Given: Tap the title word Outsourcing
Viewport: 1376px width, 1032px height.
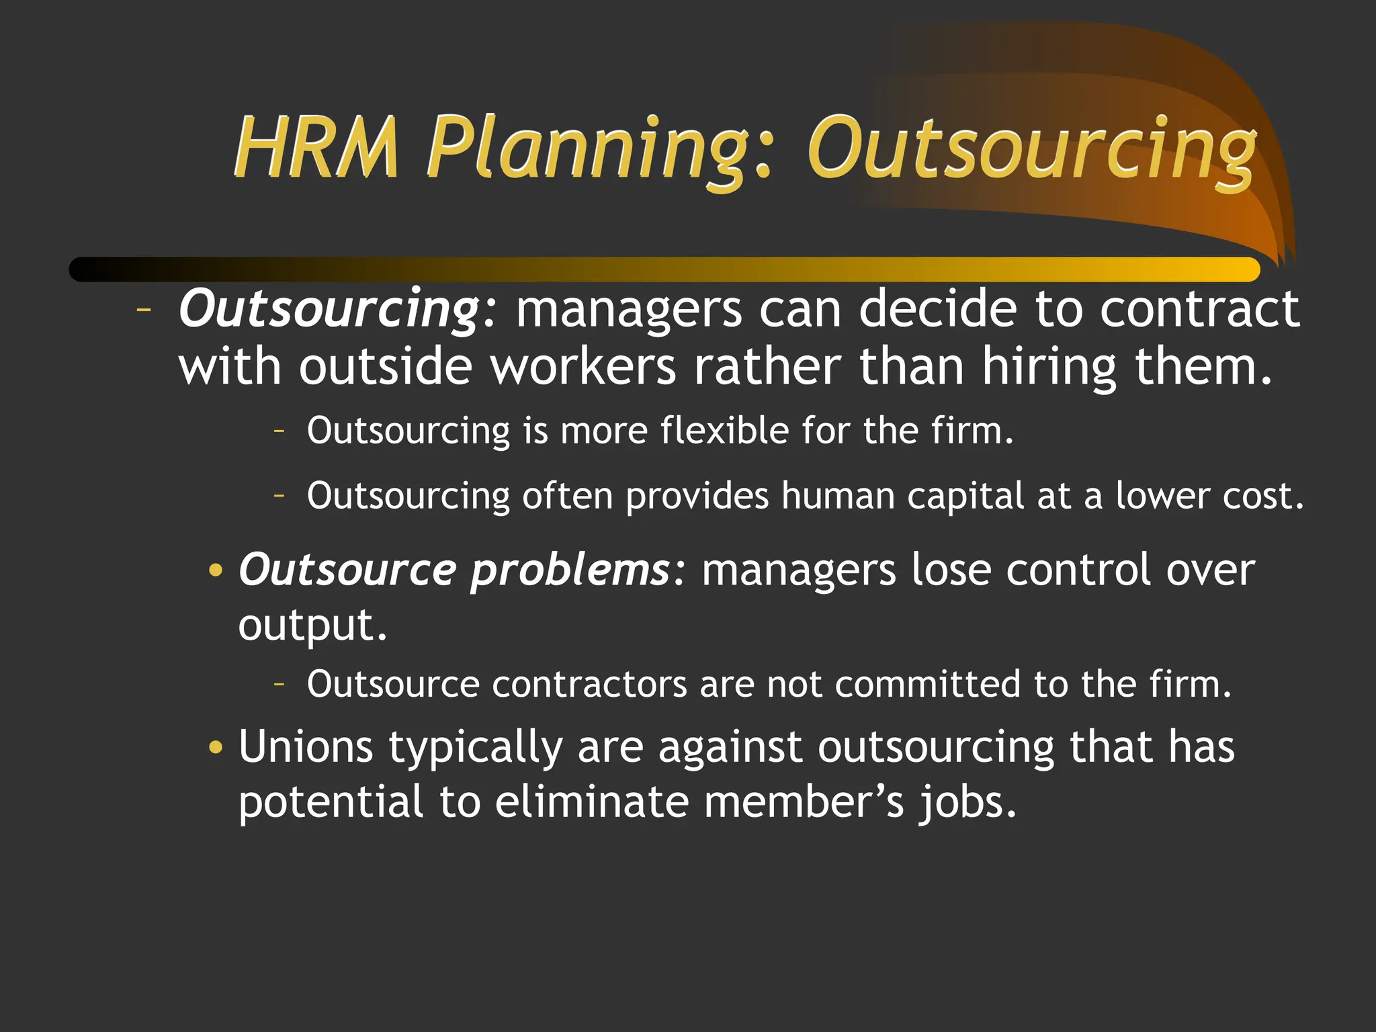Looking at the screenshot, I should coord(1031,149).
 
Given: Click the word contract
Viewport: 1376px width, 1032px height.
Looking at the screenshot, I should coord(1199,309).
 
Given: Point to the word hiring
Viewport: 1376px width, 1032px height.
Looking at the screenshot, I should coord(1049,368).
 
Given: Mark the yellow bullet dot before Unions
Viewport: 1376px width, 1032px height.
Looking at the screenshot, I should coord(215,747).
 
